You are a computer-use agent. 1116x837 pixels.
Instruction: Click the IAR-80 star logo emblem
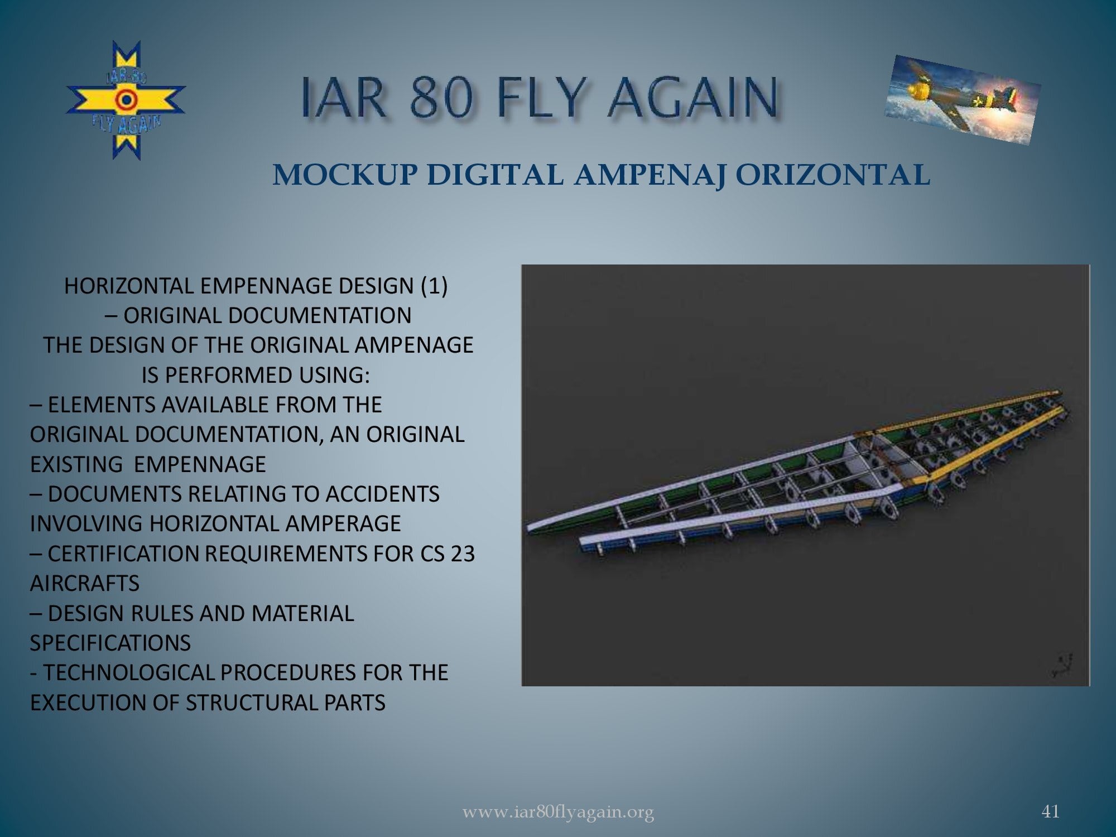[x=126, y=100]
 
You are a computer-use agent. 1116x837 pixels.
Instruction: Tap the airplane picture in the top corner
[x=963, y=100]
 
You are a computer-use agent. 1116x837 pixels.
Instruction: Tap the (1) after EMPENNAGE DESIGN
[x=434, y=286]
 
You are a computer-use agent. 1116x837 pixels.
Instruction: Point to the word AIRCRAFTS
[x=85, y=583]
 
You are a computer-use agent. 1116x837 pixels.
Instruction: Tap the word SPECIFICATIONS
[x=110, y=643]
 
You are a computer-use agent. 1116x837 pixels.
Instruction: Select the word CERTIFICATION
[x=124, y=554]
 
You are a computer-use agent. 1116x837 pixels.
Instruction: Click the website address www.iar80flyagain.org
[x=558, y=812]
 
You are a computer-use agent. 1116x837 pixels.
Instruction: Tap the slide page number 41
[x=1051, y=811]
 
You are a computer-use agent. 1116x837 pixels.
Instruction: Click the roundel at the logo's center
[x=126, y=100]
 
